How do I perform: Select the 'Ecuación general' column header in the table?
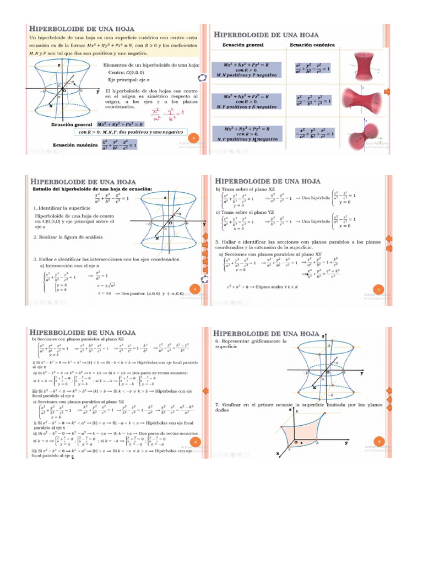pos(242,45)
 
